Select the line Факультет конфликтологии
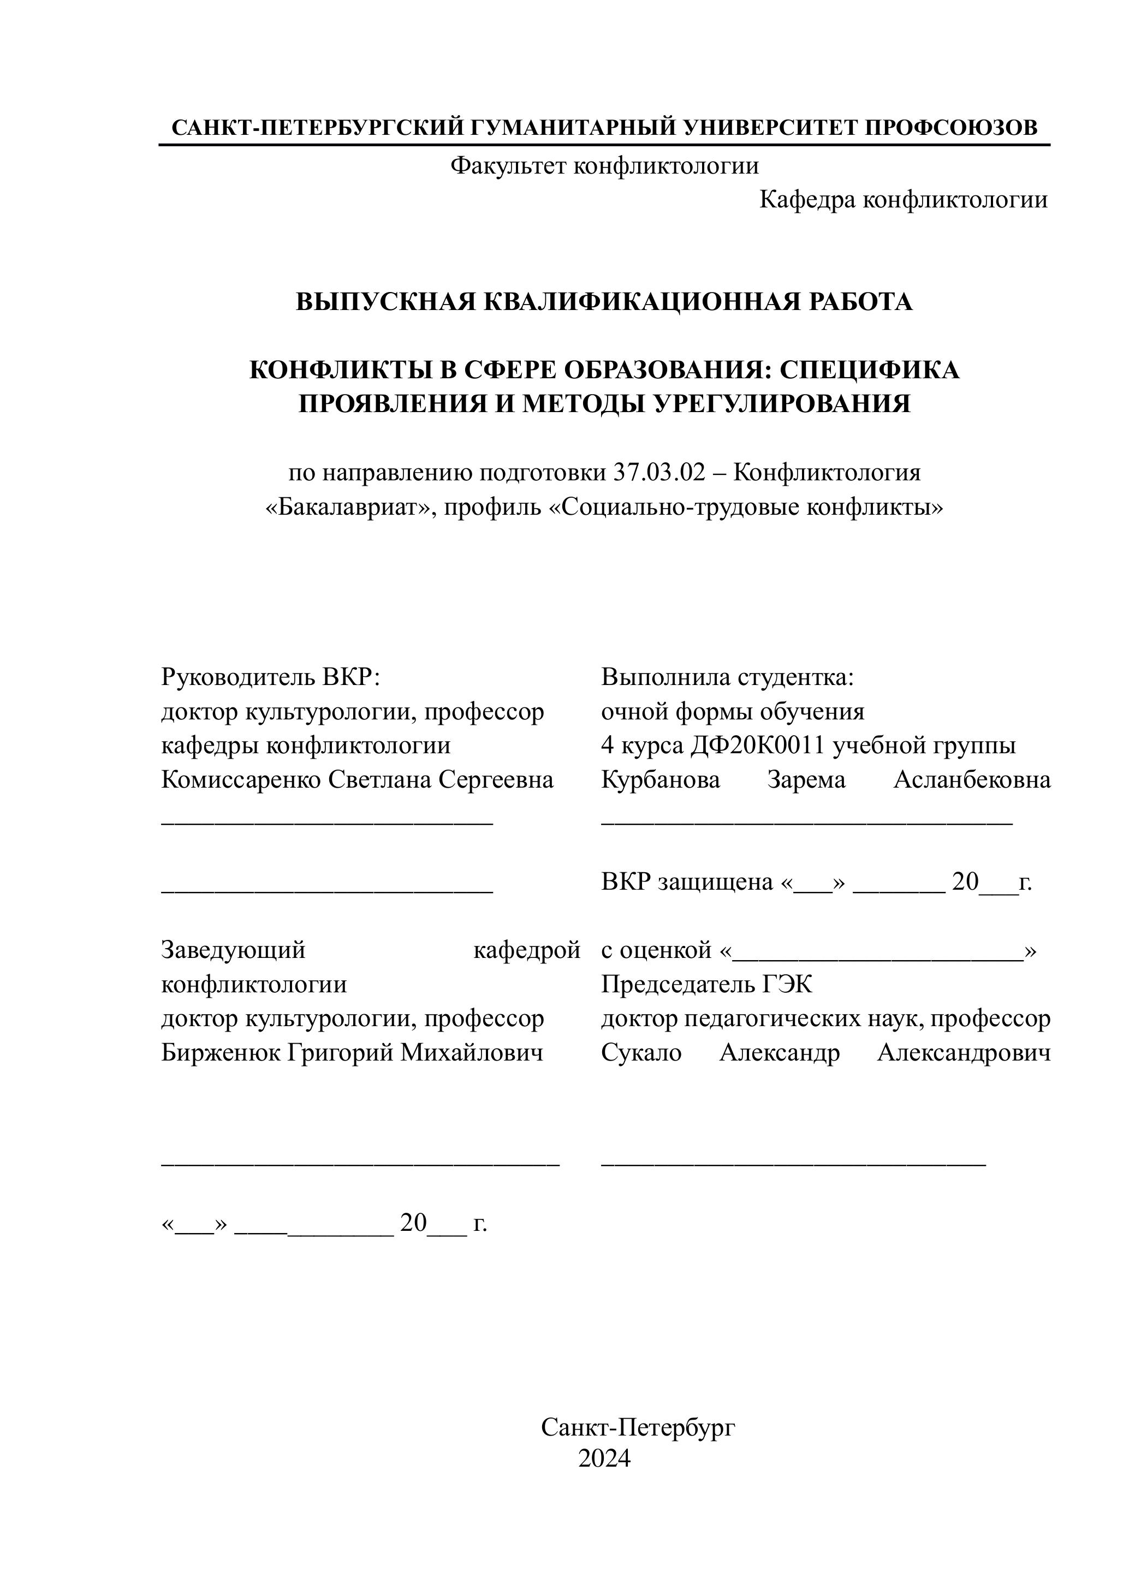click(x=604, y=166)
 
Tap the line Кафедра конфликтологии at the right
click(x=903, y=200)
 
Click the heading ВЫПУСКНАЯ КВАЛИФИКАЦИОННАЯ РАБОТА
click(x=604, y=302)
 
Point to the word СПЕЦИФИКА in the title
click(x=869, y=371)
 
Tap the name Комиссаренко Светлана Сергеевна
click(x=358, y=780)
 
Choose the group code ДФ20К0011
click(x=758, y=746)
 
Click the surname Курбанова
click(x=661, y=780)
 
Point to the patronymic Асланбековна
click(x=972, y=780)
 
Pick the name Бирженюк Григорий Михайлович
click(x=352, y=1053)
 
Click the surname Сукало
click(x=641, y=1053)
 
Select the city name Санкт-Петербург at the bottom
click(x=638, y=1428)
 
